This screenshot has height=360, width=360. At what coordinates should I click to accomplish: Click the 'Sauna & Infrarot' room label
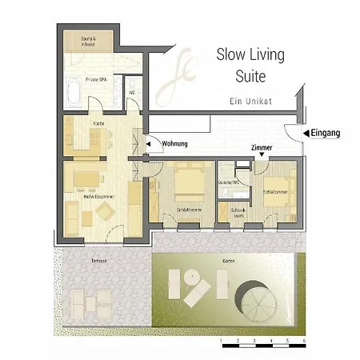point(88,42)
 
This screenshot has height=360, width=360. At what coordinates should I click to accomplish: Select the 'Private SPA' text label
point(98,80)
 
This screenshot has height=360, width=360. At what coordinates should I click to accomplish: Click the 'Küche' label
point(98,124)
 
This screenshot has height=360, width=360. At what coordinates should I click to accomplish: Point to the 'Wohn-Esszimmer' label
point(98,195)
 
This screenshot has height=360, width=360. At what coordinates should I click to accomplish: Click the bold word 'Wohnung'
point(174,145)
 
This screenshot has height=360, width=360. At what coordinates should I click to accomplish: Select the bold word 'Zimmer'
point(261,148)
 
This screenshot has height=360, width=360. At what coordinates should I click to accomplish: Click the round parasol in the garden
point(256,302)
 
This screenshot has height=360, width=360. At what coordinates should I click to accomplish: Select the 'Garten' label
point(228,262)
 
